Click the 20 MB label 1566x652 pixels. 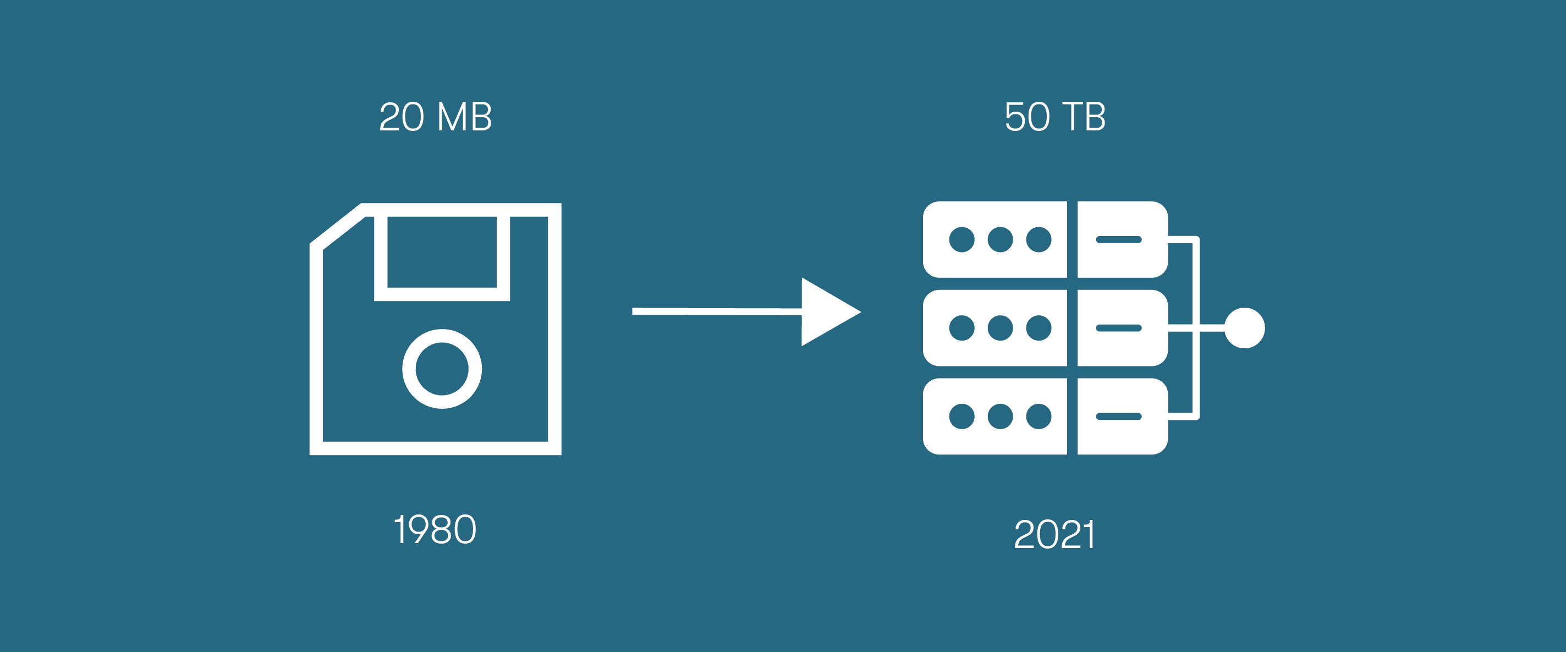435,117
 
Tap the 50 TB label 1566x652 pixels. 1055,117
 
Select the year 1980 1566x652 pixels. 435,529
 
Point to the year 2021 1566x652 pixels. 1055,535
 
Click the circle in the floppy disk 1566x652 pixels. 442,369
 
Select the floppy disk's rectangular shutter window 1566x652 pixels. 442,252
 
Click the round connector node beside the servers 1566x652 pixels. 1244,328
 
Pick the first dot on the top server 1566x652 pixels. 961,240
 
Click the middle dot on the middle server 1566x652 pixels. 1000,328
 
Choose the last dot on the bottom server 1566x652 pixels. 1038,417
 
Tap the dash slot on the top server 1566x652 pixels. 1119,240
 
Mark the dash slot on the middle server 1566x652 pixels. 1119,328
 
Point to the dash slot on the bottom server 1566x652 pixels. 1119,417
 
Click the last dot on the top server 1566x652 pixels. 1038,240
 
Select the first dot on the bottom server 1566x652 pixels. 961,417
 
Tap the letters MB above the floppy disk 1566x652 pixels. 464,117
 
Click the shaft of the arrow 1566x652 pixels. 717,311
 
